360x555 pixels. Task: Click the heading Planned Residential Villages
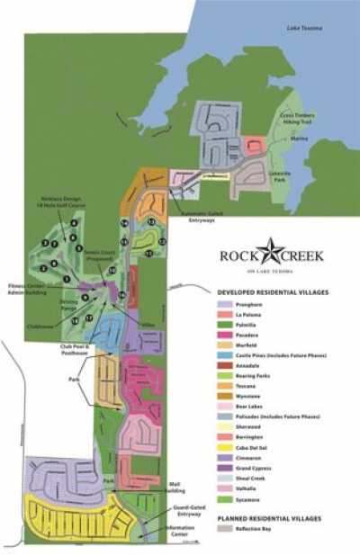click(273, 518)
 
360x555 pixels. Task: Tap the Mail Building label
click(177, 488)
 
